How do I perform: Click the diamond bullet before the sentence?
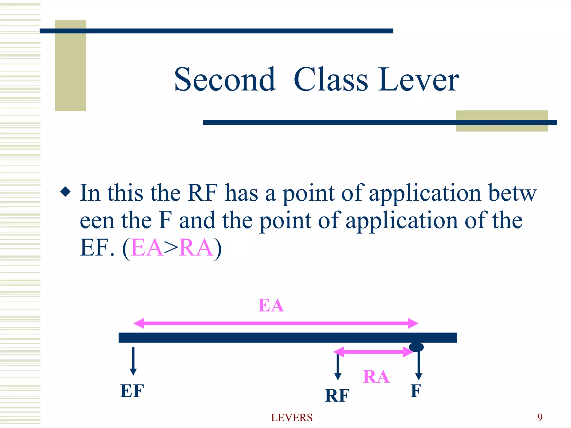pyautogui.click(x=66, y=192)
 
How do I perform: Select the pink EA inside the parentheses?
pyautogui.click(x=147, y=248)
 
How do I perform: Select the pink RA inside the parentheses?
pyautogui.click(x=196, y=248)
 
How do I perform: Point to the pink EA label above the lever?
pyautogui.click(x=271, y=305)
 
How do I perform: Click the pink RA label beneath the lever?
pyautogui.click(x=376, y=377)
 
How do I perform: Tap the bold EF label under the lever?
pyautogui.click(x=132, y=391)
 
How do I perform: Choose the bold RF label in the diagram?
pyautogui.click(x=337, y=395)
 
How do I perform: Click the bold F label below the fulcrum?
pyautogui.click(x=416, y=391)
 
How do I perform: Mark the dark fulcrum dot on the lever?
pyautogui.click(x=416, y=347)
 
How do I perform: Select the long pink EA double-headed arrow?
pyautogui.click(x=276, y=323)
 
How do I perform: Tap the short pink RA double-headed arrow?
pyautogui.click(x=373, y=352)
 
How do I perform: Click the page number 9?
pyautogui.click(x=540, y=417)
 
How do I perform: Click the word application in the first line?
pyautogui.click(x=425, y=193)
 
